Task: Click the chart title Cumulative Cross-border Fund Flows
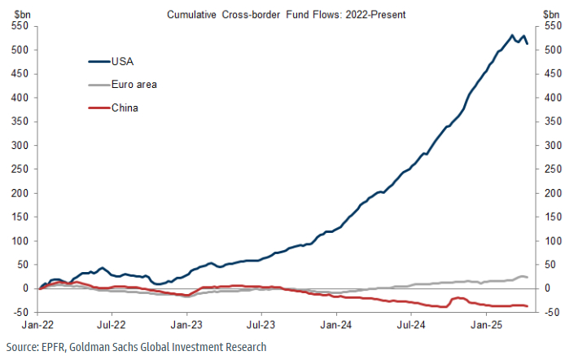282,15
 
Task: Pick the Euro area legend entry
134,84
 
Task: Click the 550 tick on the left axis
21,26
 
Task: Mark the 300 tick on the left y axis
21,146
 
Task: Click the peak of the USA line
511,35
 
